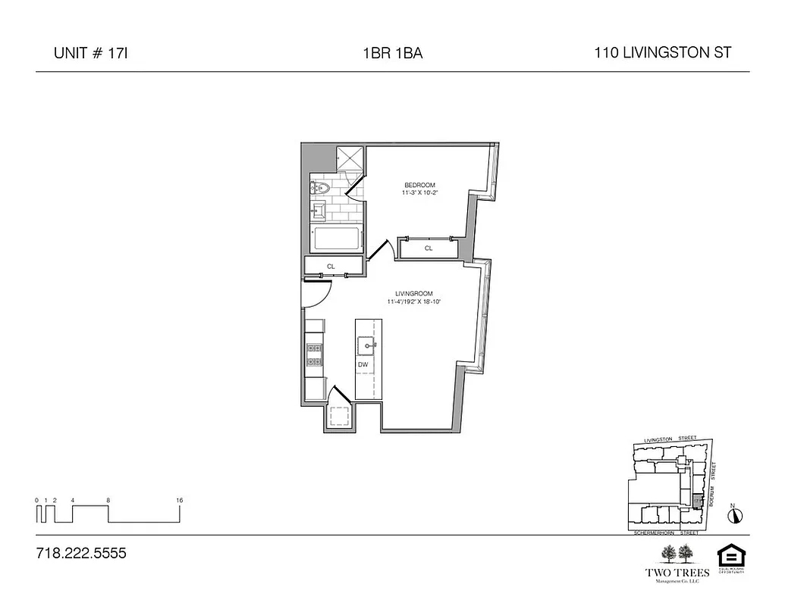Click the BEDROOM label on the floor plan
point(419,186)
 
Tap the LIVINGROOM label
point(413,293)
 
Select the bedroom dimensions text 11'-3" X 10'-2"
point(420,194)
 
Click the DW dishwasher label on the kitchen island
point(363,364)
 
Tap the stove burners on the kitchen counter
point(314,355)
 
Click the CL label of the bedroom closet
point(429,248)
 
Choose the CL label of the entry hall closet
point(331,266)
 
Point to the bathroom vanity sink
point(319,208)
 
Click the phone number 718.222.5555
point(81,553)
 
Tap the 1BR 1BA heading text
point(392,54)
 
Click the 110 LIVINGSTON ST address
point(663,53)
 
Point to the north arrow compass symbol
point(734,515)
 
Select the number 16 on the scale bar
point(179,500)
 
